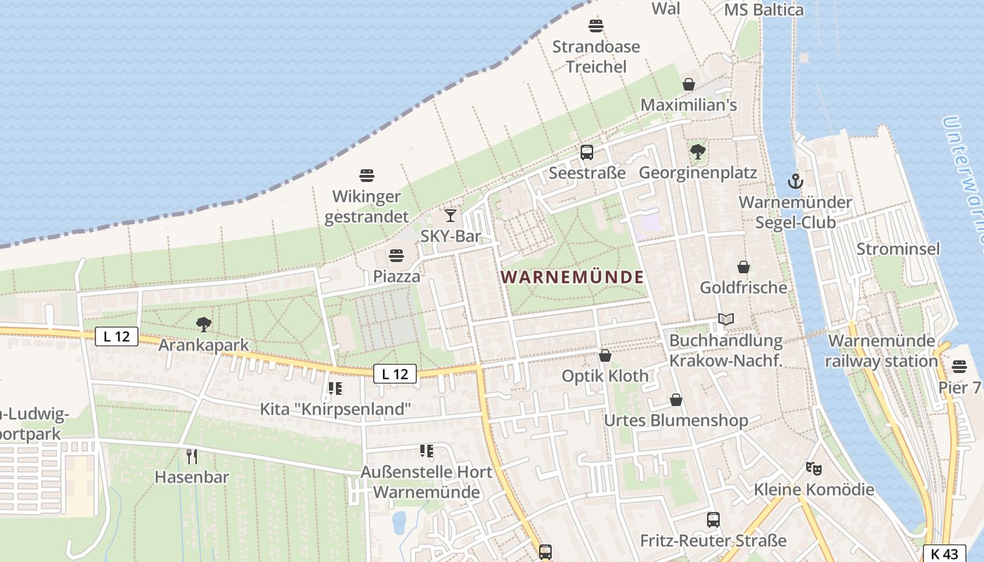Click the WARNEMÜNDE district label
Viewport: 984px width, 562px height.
pyautogui.click(x=572, y=277)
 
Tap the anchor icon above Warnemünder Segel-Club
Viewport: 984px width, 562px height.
pyautogui.click(x=795, y=181)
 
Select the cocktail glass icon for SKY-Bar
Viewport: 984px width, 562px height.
pyautogui.click(x=451, y=215)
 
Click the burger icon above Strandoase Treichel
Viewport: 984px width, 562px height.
pyautogui.click(x=596, y=27)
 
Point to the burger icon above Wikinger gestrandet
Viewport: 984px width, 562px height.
pyautogui.click(x=366, y=176)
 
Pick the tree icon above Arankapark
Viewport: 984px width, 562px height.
pyautogui.click(x=204, y=324)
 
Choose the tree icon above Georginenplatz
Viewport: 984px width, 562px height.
pyautogui.click(x=698, y=151)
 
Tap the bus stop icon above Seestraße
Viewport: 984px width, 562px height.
pyautogui.click(x=587, y=152)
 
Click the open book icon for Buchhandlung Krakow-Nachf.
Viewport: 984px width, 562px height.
pyautogui.click(x=726, y=320)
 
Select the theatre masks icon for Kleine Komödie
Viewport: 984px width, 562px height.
pyautogui.click(x=814, y=468)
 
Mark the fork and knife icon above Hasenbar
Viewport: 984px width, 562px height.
pyautogui.click(x=192, y=456)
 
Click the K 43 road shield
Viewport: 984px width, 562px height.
pyautogui.click(x=944, y=553)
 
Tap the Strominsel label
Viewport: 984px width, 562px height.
pyautogui.click(x=898, y=249)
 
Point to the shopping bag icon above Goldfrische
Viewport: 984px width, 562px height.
pyautogui.click(x=744, y=267)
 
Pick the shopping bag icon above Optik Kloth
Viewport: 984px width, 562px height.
pyautogui.click(x=605, y=355)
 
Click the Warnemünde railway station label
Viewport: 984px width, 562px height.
pyautogui.click(x=882, y=351)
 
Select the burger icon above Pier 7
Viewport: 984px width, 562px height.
pyautogui.click(x=959, y=367)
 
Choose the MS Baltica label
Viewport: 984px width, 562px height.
pyautogui.click(x=764, y=10)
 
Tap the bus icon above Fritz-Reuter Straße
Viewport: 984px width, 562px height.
pyautogui.click(x=713, y=520)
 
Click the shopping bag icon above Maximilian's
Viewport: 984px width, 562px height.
pyautogui.click(x=689, y=84)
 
